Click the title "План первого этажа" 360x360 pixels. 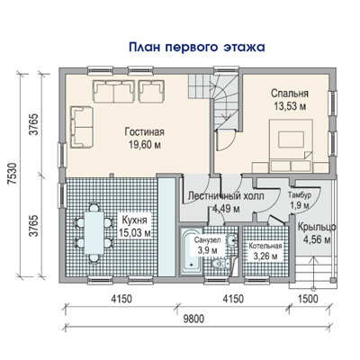pyautogui.click(x=197, y=48)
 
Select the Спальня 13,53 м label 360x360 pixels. pyautogui.click(x=290, y=100)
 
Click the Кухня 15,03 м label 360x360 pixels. pyautogui.click(x=134, y=226)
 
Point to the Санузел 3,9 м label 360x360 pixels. pyautogui.click(x=207, y=246)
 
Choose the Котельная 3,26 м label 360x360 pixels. pyautogui.click(x=265, y=251)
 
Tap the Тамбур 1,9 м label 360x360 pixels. pyautogui.click(x=299, y=200)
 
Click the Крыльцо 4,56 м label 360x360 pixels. pyautogui.click(x=317, y=233)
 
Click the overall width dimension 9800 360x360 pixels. pyautogui.click(x=194, y=319)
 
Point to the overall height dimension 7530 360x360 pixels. pyautogui.click(x=12, y=175)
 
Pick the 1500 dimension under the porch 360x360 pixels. pyautogui.click(x=309, y=299)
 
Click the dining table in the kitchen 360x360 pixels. pyautogui.click(x=94, y=232)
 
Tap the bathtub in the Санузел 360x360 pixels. pyautogui.click(x=191, y=251)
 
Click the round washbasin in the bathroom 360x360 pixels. pyautogui.click(x=231, y=240)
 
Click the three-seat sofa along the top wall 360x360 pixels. pyautogui.click(x=113, y=91)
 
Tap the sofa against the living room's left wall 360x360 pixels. pyautogui.click(x=82, y=127)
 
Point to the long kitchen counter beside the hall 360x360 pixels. pyautogui.click(x=166, y=227)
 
